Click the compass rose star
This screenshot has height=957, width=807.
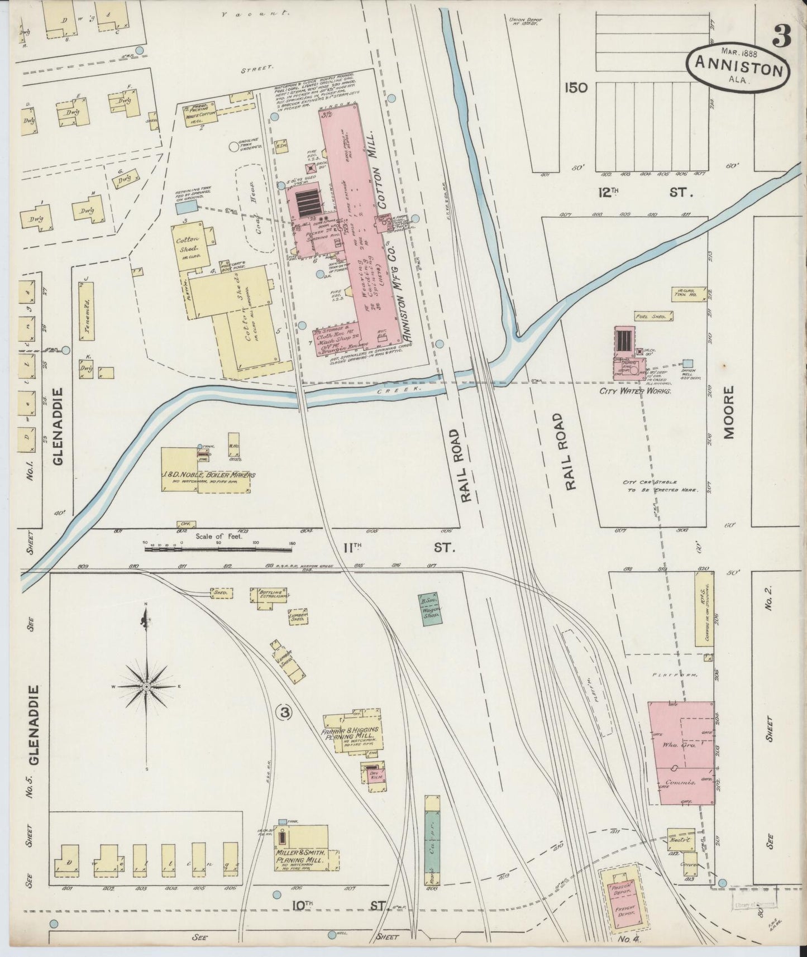tap(146, 686)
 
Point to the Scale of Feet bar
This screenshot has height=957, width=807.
tap(218, 549)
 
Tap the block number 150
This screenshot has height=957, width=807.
tap(576, 88)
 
